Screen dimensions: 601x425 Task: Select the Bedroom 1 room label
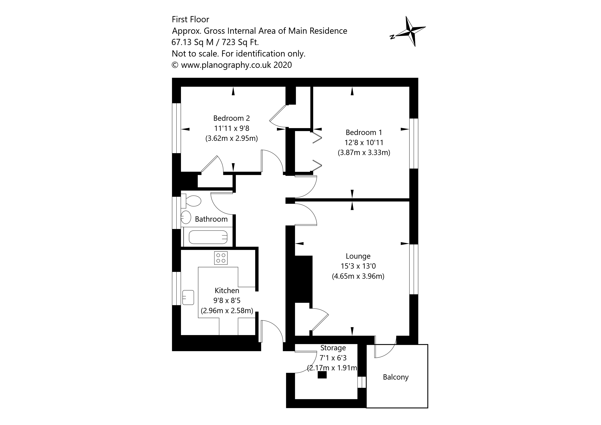click(364, 132)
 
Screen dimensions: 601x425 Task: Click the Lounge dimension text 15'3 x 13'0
click(358, 266)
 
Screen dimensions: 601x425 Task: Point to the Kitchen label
click(227, 291)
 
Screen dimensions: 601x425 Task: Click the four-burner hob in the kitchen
click(221, 258)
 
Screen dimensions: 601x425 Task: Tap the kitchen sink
click(188, 298)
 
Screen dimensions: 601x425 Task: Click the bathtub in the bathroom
click(208, 237)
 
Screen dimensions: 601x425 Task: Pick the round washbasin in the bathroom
click(186, 217)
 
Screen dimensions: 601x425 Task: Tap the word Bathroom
click(211, 219)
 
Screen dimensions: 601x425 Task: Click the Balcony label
click(396, 377)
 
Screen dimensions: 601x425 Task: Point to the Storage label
click(333, 348)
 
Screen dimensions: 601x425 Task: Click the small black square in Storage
click(322, 375)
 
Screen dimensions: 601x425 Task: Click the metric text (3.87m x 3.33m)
click(364, 153)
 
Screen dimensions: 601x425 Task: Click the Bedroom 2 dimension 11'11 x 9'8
click(232, 128)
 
